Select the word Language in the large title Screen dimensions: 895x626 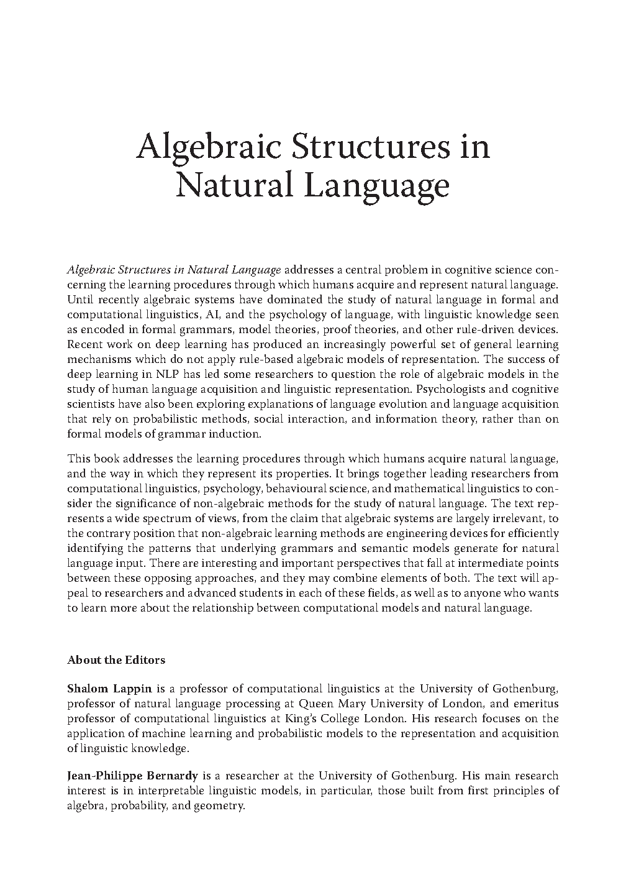[x=378, y=187]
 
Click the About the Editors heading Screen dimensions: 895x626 [x=116, y=660]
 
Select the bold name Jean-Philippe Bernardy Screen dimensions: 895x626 [x=132, y=776]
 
